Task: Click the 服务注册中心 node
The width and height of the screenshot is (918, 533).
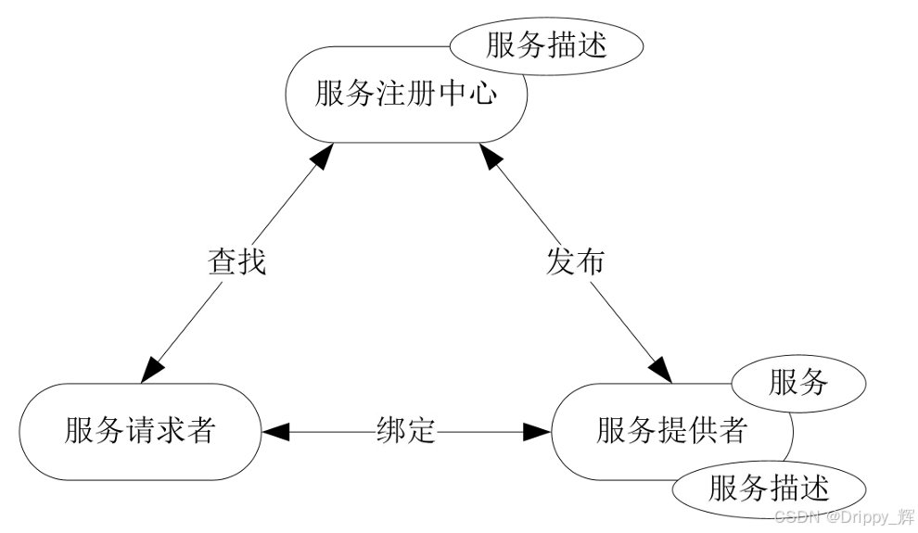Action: coord(405,95)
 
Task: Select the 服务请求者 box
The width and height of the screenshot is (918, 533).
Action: coord(139,432)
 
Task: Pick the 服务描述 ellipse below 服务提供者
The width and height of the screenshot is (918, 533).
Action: coord(768,488)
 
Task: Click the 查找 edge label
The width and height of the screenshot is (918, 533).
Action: coord(236,262)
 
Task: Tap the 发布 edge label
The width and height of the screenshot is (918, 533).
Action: coord(575,262)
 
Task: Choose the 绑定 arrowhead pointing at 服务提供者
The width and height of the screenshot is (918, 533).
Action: coord(537,431)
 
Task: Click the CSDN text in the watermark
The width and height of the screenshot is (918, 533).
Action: coord(796,515)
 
